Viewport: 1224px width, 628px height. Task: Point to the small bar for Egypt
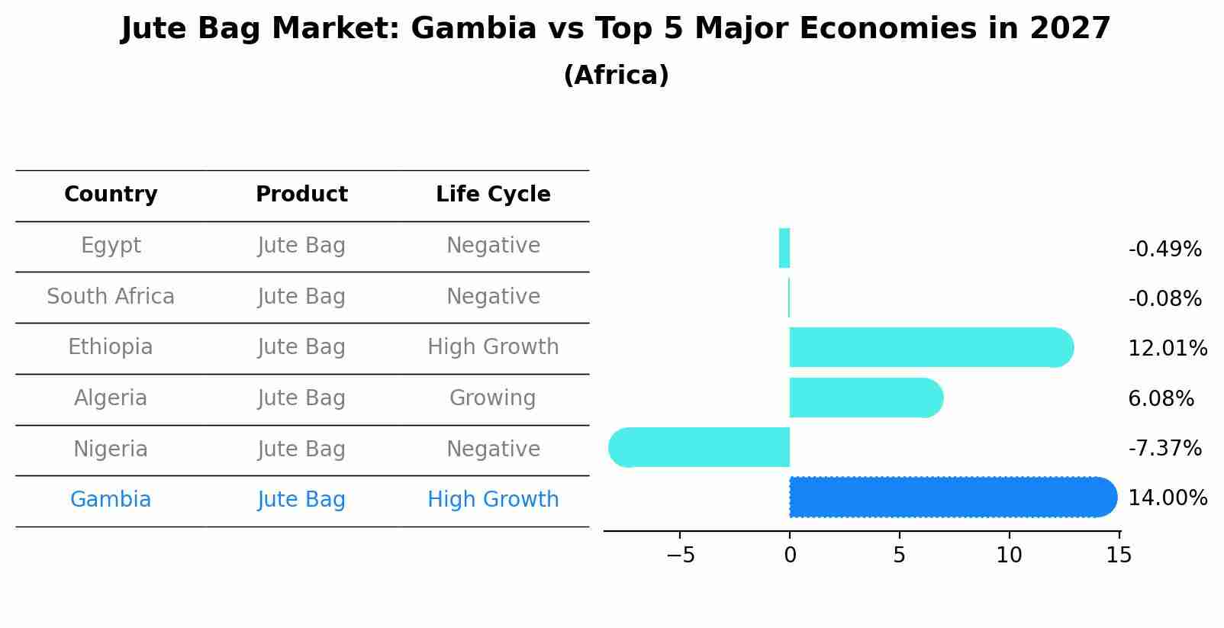coord(784,249)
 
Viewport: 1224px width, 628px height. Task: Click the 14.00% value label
coord(1167,498)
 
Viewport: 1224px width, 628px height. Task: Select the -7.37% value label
coord(1164,449)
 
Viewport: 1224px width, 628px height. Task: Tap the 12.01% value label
coord(1167,349)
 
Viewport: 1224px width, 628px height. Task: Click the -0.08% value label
coord(1164,299)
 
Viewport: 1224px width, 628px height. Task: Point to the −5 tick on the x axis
coord(680,556)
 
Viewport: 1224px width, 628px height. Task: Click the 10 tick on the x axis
coord(1009,556)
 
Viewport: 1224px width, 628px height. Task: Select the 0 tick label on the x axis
coord(790,556)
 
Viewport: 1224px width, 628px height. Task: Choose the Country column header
coord(111,195)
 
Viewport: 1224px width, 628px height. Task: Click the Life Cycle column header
coord(493,195)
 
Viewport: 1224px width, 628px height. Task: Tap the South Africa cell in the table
coord(111,297)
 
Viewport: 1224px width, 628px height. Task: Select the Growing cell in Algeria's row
coord(493,398)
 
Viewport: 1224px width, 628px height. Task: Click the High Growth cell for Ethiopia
coord(493,347)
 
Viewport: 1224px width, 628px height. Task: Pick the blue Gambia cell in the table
coord(111,500)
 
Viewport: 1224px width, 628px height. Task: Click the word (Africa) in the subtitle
coord(616,76)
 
